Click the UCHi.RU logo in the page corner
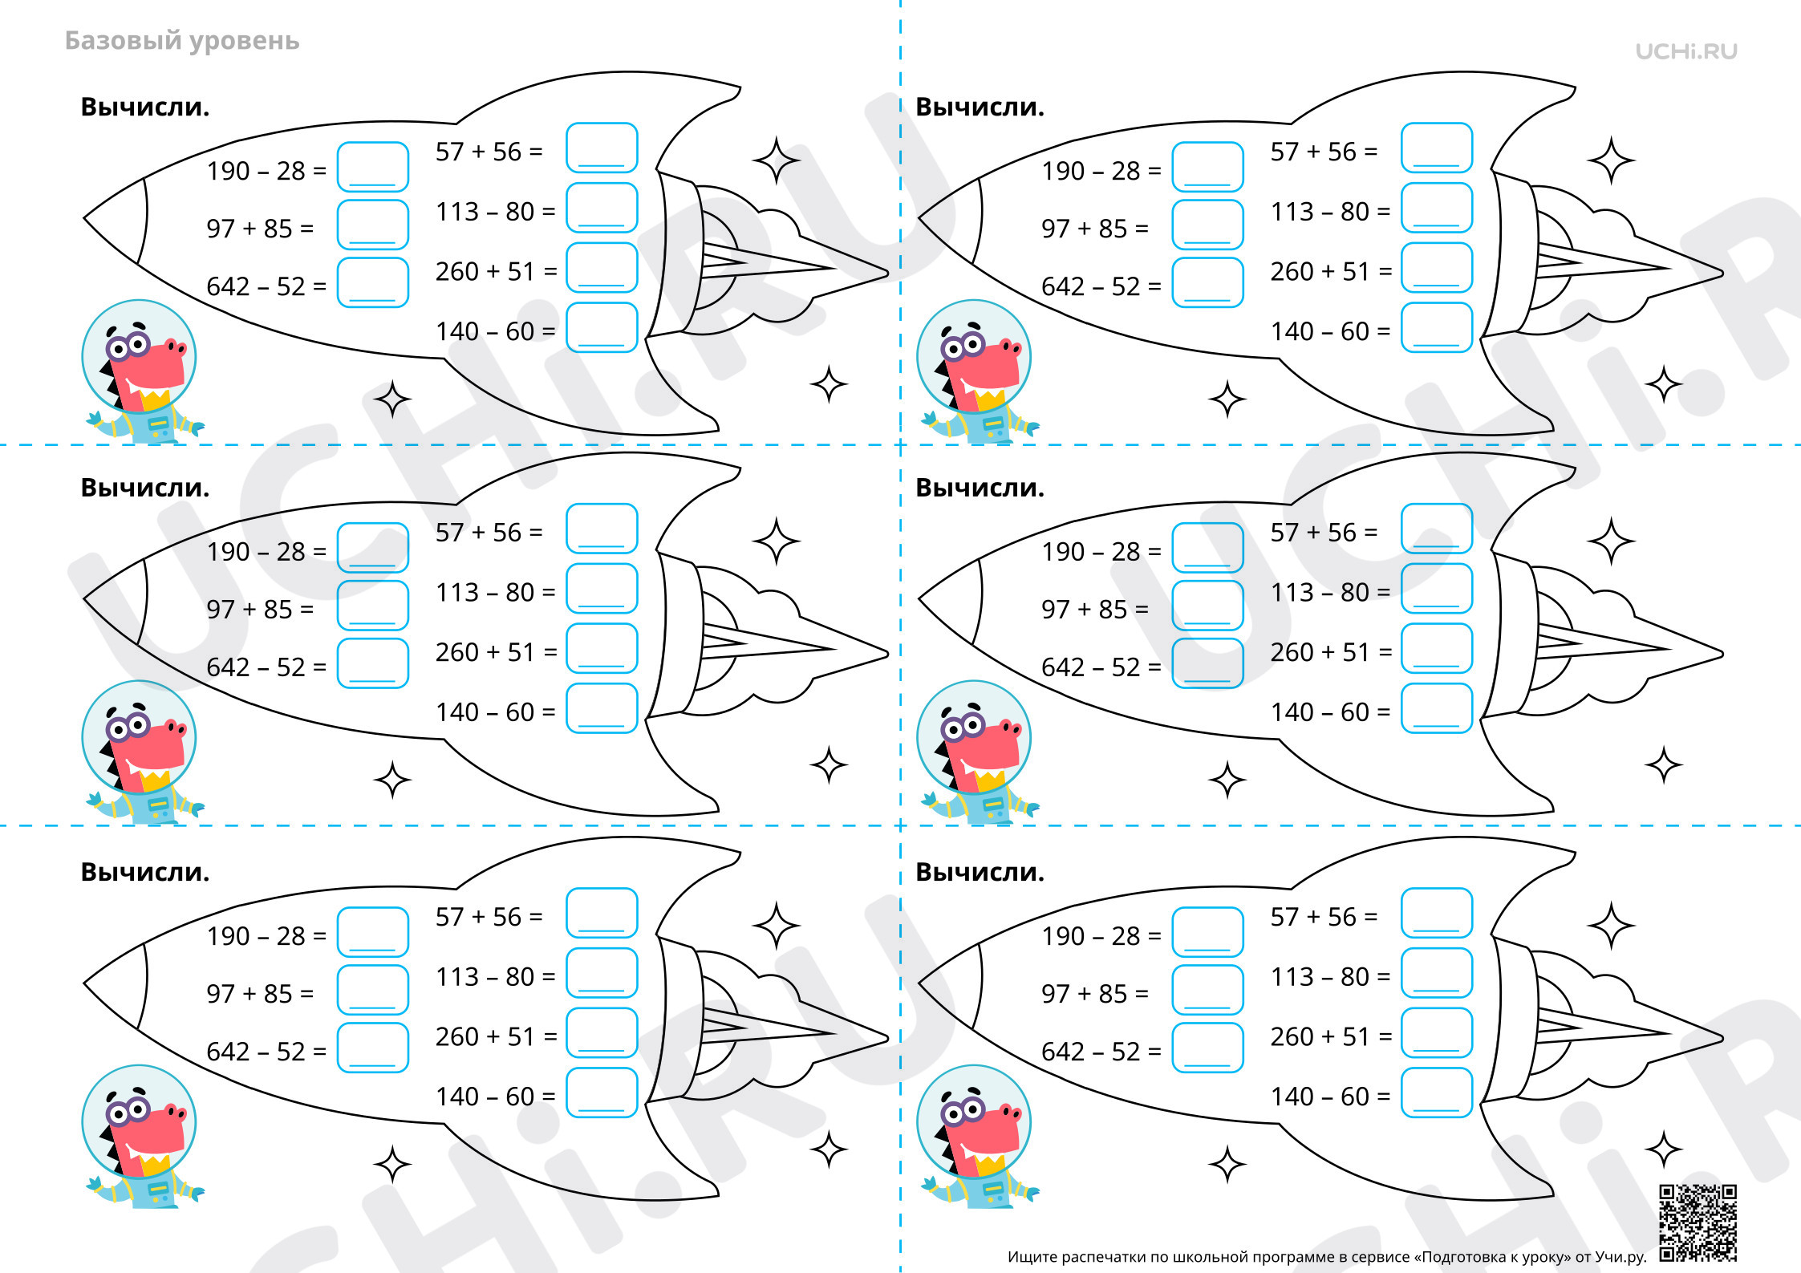[1686, 51]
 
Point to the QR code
[1698, 1222]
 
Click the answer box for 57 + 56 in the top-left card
[602, 148]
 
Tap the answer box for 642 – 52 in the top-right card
[1207, 282]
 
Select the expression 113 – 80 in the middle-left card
[485, 592]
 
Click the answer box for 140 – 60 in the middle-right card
[1437, 708]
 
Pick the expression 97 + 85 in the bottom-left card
[249, 994]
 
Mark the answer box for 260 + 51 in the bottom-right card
[1437, 1033]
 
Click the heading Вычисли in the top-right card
[980, 107]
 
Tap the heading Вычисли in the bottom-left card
[145, 872]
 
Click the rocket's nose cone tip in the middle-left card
[85, 598]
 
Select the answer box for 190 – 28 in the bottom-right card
[1207, 932]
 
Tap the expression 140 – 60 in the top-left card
[485, 331]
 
